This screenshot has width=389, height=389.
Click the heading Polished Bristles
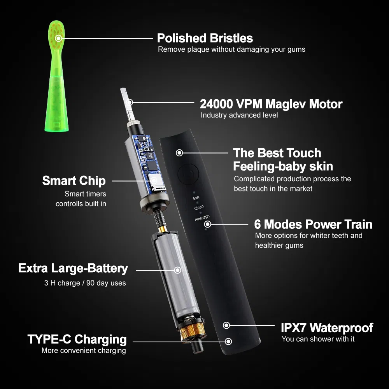pyautogui.click(x=205, y=38)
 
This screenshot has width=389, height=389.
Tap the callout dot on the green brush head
pyautogui.click(x=58, y=38)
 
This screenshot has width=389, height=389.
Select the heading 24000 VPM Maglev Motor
pyautogui.click(x=271, y=104)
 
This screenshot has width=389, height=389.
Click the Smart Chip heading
pyautogui.click(x=74, y=181)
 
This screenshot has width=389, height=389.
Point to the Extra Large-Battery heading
pyautogui.click(x=73, y=268)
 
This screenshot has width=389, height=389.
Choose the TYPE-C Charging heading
pyautogui.click(x=77, y=339)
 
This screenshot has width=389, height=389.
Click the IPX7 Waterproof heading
pyautogui.click(x=327, y=328)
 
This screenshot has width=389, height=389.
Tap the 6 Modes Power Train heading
pyautogui.click(x=313, y=224)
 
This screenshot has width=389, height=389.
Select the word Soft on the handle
pyautogui.click(x=196, y=198)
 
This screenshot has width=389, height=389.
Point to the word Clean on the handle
pyautogui.click(x=199, y=208)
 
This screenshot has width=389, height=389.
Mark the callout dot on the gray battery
pyautogui.click(x=178, y=270)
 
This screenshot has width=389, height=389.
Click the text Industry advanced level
pyautogui.click(x=239, y=116)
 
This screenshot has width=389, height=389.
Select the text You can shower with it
pyautogui.click(x=318, y=339)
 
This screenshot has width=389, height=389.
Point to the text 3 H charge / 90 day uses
pyautogui.click(x=85, y=283)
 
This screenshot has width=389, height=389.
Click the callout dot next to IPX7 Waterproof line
pyautogui.click(x=226, y=325)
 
